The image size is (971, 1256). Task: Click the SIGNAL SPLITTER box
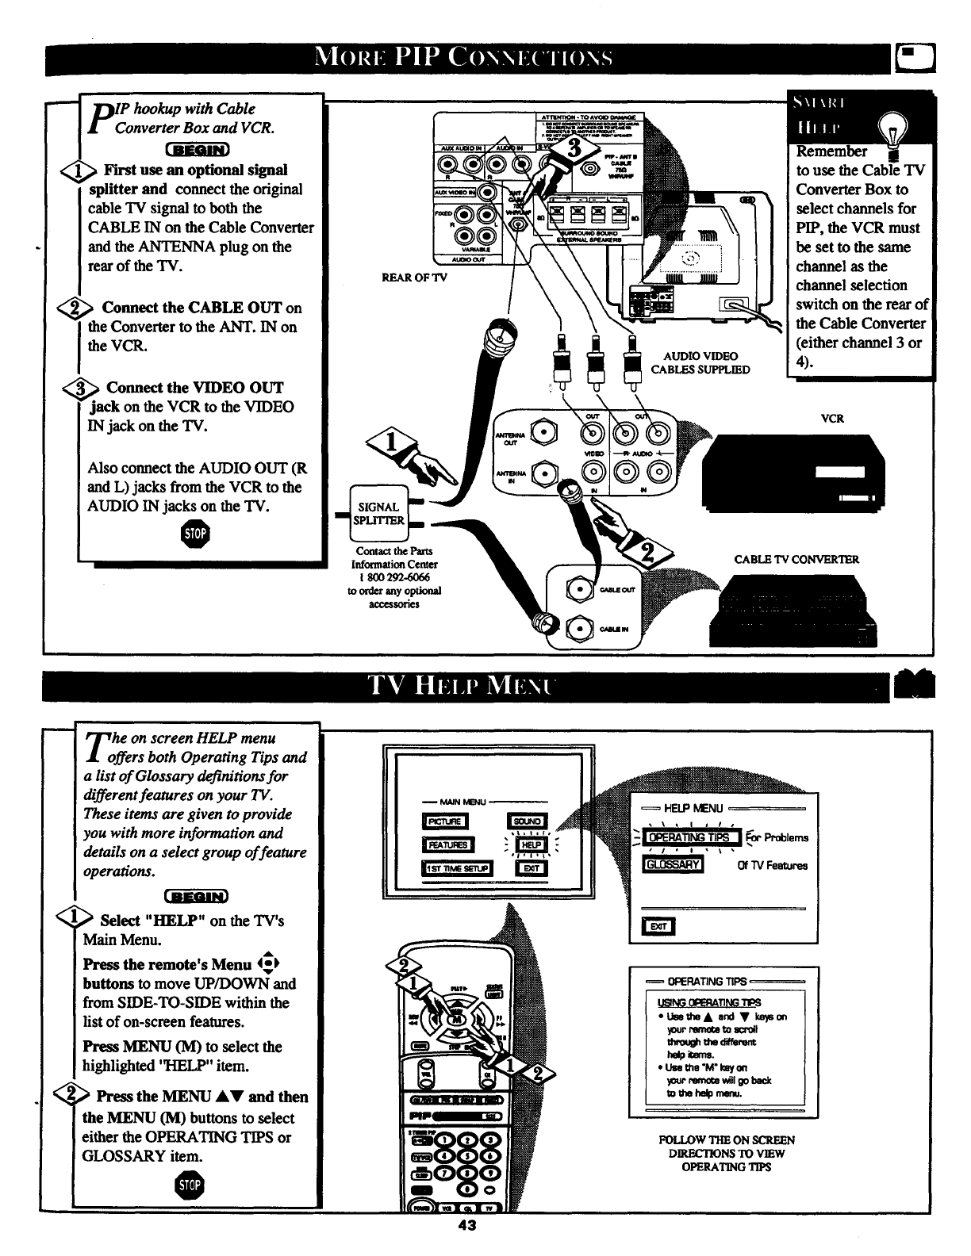coord(380,513)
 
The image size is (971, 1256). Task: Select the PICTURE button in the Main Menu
coord(446,821)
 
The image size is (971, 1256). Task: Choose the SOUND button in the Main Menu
coord(527,821)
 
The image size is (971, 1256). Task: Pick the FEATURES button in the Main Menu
coord(449,845)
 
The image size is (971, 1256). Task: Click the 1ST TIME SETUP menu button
coord(457,869)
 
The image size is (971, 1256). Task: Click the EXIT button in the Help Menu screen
coord(660,926)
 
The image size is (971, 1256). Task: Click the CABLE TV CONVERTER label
coord(796,559)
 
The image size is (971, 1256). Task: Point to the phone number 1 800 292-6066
coord(394,577)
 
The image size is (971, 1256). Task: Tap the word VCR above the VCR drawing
coord(831,419)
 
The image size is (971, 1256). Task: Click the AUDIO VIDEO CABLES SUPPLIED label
coord(700,362)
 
